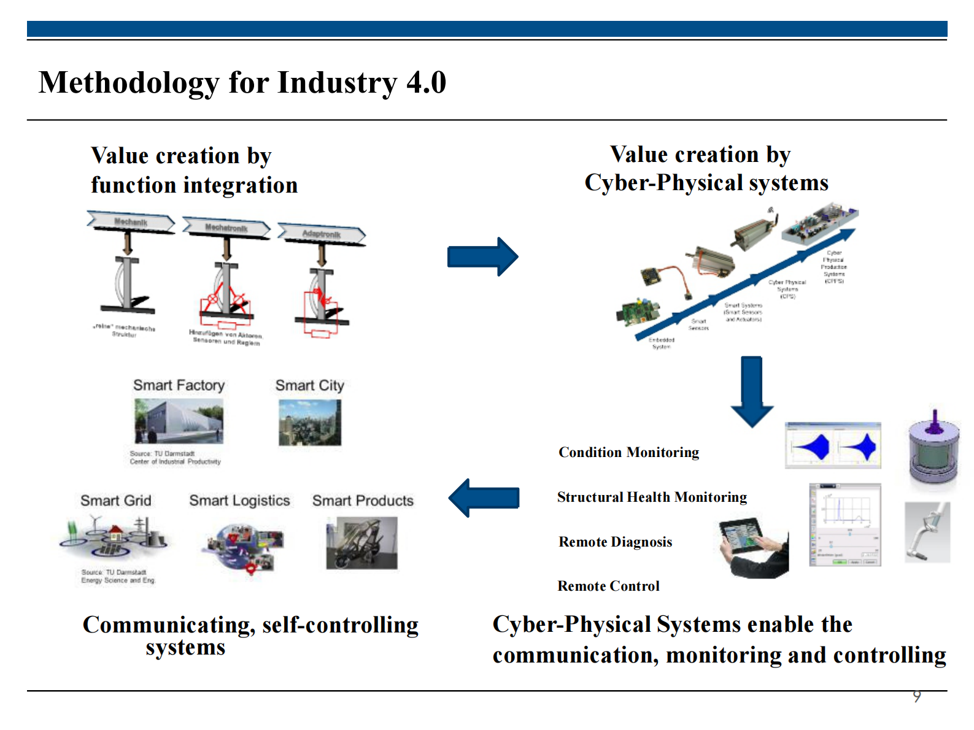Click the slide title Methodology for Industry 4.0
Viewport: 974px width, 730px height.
pyautogui.click(x=242, y=82)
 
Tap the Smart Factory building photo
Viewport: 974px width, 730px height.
pyautogui.click(x=179, y=421)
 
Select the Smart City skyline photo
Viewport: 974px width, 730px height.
pyautogui.click(x=309, y=422)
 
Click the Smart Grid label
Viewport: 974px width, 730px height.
pyautogui.click(x=115, y=501)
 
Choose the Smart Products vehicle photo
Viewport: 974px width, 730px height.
pyautogui.click(x=361, y=543)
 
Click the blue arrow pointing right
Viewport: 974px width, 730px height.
pyautogui.click(x=482, y=256)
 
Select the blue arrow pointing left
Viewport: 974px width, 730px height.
pyautogui.click(x=484, y=498)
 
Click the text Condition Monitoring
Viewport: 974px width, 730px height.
pyautogui.click(x=628, y=453)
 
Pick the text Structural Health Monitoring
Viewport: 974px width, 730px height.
pyautogui.click(x=652, y=497)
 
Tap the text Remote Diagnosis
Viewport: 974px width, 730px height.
pyautogui.click(x=615, y=542)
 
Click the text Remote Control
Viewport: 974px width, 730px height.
pyautogui.click(x=608, y=586)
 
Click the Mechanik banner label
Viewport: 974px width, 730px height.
pyautogui.click(x=131, y=222)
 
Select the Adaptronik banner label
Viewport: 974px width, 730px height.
pyautogui.click(x=321, y=234)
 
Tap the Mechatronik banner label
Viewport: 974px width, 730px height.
pyautogui.click(x=226, y=228)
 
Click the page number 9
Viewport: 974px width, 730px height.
pyautogui.click(x=916, y=696)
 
